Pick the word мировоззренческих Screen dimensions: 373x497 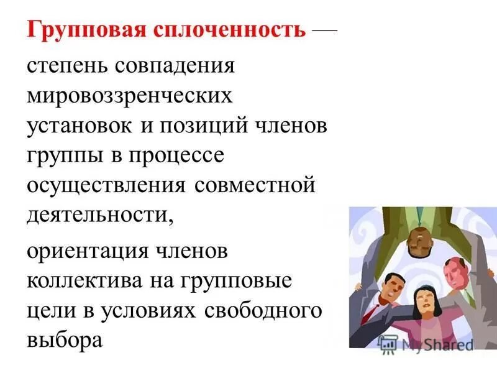pos(130,96)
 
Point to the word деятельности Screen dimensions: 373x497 pos(99,214)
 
